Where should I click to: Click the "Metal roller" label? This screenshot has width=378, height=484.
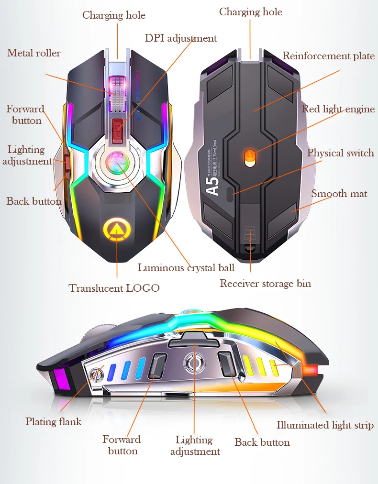[x=34, y=53]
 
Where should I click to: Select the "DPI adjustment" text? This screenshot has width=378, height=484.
[x=181, y=38]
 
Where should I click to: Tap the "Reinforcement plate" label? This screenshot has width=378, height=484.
[x=328, y=56]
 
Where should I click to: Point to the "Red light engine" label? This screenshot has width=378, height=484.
[x=338, y=109]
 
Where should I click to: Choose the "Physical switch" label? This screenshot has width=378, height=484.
[x=340, y=153]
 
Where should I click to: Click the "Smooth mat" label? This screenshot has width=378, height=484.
[x=339, y=194]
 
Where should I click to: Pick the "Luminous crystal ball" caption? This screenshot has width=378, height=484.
[x=186, y=268]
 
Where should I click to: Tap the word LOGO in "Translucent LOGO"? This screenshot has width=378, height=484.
[x=143, y=288]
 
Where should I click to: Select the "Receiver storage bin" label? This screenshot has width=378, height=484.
[x=265, y=284]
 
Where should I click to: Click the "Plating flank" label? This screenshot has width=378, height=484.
[x=54, y=421]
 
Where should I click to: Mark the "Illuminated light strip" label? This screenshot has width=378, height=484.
[x=325, y=425]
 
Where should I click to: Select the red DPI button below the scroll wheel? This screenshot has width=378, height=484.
[x=117, y=129]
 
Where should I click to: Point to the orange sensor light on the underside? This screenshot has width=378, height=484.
[x=250, y=156]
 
